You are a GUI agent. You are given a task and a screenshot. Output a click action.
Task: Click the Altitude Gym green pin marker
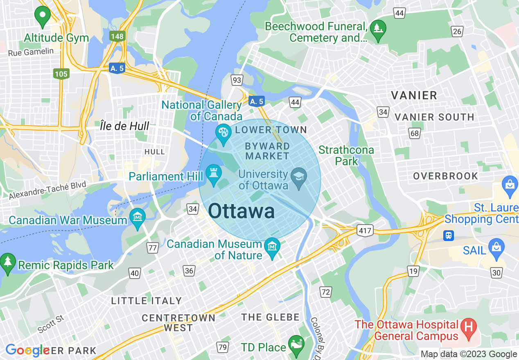tap(42, 16)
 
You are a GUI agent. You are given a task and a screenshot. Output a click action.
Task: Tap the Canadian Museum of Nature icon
tap(272, 247)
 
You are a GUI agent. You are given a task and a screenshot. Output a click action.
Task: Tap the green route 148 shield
tap(117, 36)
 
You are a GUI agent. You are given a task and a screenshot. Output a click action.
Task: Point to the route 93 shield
tap(237, 80)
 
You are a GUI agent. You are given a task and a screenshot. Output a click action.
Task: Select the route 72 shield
tap(326, 292)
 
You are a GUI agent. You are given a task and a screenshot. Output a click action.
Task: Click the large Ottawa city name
tap(241, 211)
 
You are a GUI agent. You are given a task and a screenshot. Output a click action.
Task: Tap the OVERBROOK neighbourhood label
tap(445, 176)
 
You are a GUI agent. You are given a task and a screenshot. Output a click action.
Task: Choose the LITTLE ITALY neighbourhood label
tap(146, 301)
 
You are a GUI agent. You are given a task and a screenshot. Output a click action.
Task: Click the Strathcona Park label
tap(346, 155)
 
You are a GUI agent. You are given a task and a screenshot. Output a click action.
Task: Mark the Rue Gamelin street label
tap(31, 52)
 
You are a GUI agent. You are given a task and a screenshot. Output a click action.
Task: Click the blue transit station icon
tap(449, 235)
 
